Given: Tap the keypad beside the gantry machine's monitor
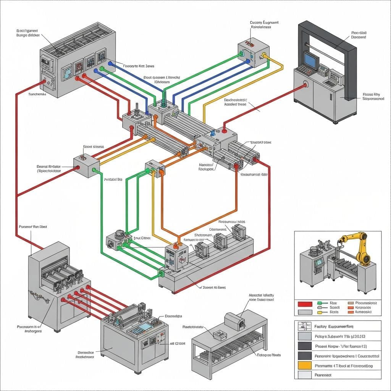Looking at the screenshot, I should [x=302, y=69].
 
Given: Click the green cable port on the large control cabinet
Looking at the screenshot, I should [x=102, y=69].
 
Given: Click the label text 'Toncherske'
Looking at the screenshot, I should [x=37, y=94].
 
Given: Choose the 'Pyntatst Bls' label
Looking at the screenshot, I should [x=113, y=179].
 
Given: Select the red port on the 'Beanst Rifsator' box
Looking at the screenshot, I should [x=78, y=167].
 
